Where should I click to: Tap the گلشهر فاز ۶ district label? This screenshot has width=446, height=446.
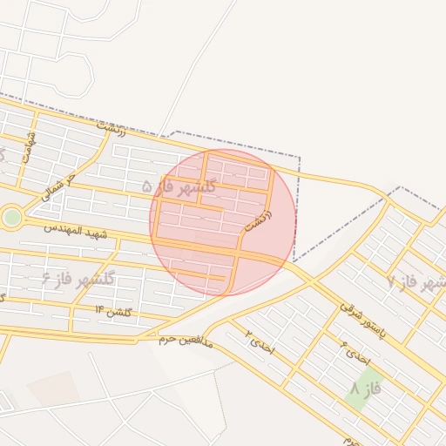(78, 280)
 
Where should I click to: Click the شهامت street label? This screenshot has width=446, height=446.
(30, 148)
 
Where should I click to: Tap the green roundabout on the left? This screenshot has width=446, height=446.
(10, 217)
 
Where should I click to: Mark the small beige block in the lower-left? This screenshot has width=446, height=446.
(52, 389)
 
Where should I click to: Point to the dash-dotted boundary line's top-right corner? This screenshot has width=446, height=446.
(300, 158)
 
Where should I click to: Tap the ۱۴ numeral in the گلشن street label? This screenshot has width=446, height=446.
(99, 310)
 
